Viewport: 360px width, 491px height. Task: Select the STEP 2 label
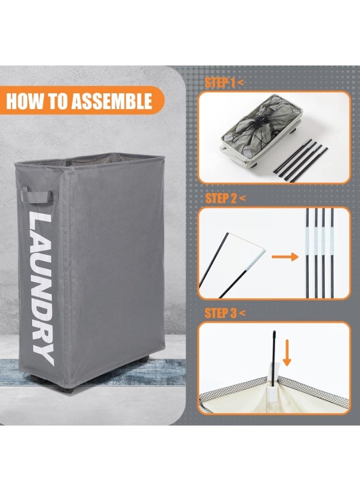pos(221,199)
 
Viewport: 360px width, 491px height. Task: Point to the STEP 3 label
pos(221,313)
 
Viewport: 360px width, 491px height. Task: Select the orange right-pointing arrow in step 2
pos(285,257)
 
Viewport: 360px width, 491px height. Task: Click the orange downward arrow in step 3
pos(287,355)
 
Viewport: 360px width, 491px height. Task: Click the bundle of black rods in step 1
pos(301,160)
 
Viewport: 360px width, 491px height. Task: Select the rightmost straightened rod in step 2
pos(332,253)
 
